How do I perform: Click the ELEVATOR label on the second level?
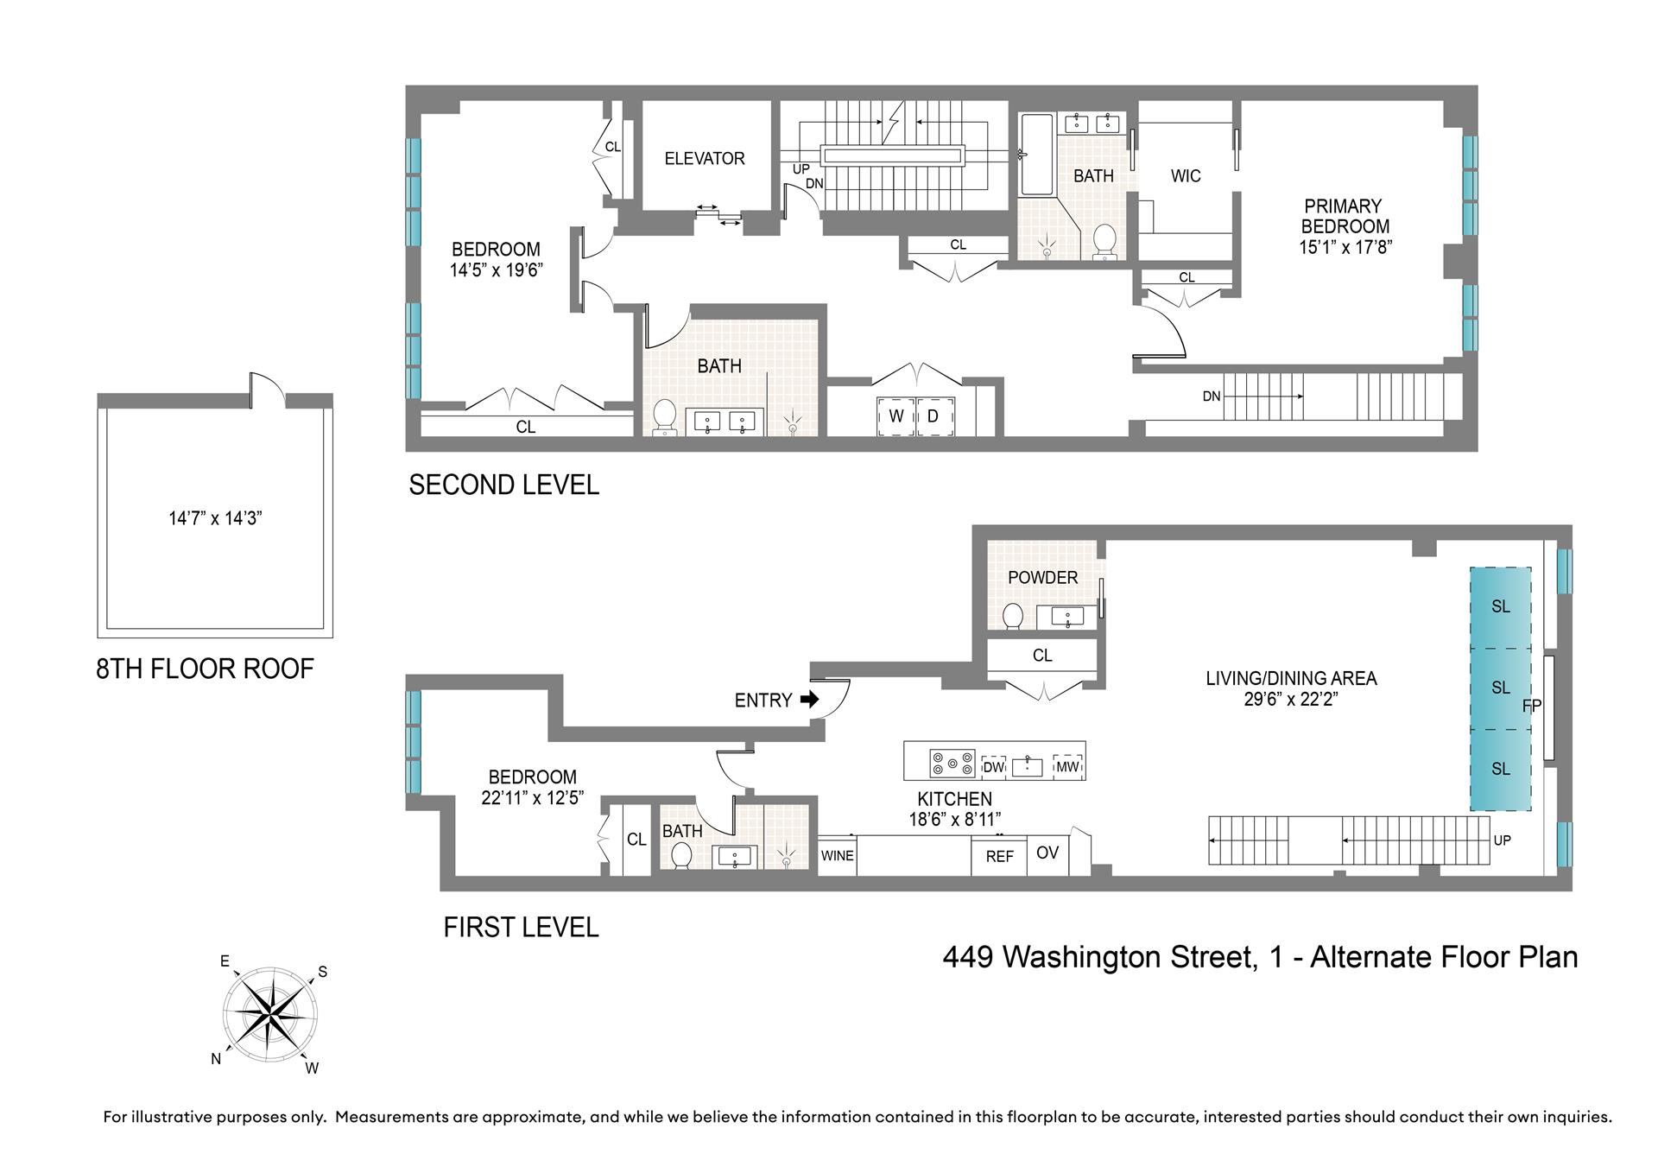tap(705, 158)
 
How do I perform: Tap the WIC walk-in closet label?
tap(1186, 176)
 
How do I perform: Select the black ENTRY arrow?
tap(809, 699)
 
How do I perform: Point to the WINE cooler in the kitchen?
tap(837, 856)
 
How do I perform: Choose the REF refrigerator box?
tap(999, 857)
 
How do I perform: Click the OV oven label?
tap(1047, 853)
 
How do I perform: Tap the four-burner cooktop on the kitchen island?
tap(952, 764)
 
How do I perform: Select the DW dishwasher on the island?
tap(994, 766)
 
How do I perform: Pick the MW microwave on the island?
tap(1068, 766)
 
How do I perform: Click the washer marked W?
tap(895, 416)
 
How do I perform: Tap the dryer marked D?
tap(933, 416)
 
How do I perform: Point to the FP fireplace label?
tap(1532, 706)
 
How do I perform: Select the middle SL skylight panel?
tap(1501, 688)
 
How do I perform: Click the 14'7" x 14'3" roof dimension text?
tap(215, 518)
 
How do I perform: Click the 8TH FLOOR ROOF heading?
tap(205, 669)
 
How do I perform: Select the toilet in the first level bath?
tap(681, 855)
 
